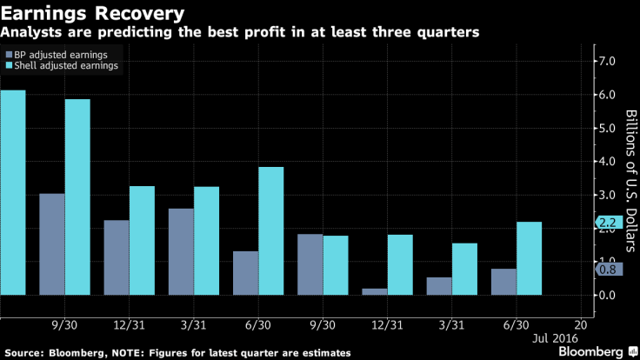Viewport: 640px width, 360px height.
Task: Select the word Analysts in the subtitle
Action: point(28,33)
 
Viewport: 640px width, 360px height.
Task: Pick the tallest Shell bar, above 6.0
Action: point(13,192)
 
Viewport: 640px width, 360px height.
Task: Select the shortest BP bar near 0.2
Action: point(375,291)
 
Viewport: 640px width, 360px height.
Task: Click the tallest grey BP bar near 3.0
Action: point(52,244)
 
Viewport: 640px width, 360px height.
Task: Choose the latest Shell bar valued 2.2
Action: point(528,258)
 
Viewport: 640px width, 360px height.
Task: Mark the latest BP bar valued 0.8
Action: point(503,282)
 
